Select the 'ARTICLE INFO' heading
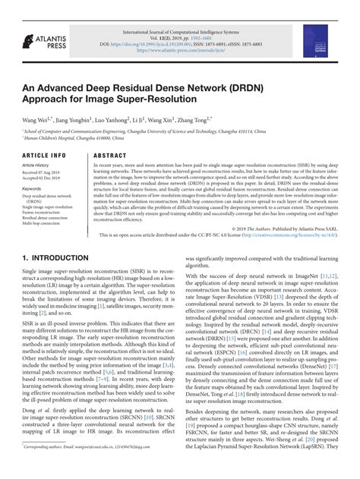tap(43, 156)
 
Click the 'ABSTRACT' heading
tap(109, 156)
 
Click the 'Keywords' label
tap(32, 188)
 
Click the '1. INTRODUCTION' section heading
tap(57, 258)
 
